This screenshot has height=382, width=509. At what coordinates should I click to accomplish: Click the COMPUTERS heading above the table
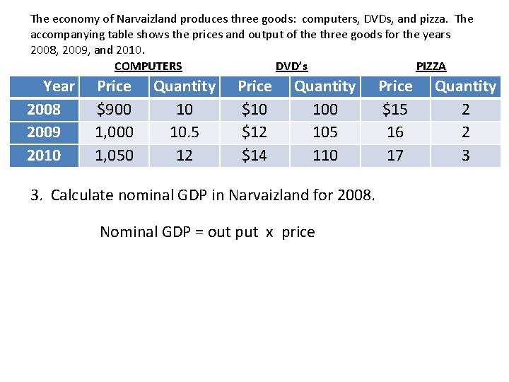tap(148, 66)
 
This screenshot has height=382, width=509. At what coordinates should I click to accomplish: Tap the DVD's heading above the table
tap(291, 66)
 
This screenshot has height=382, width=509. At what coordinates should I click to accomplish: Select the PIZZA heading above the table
tap(431, 66)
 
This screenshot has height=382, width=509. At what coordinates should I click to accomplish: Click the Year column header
tap(58, 86)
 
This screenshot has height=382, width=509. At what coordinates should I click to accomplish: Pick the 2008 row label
tap(44, 109)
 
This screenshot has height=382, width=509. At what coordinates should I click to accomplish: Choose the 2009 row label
tap(44, 132)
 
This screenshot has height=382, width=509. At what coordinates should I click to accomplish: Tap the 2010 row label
tap(44, 155)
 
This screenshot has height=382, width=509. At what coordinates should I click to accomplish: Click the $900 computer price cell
tap(114, 109)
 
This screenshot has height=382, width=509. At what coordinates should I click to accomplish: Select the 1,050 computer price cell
tap(114, 155)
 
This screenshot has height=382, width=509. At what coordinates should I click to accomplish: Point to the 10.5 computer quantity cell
tap(184, 132)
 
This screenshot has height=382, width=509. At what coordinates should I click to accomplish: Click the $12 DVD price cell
tap(255, 132)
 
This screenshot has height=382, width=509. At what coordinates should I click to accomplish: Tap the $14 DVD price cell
tap(255, 155)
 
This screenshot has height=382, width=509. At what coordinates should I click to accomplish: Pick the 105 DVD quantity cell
tap(325, 132)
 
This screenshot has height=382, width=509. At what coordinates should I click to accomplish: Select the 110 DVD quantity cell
tap(325, 155)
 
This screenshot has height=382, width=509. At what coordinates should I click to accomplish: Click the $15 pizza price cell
tap(395, 109)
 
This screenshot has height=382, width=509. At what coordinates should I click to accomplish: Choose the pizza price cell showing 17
tap(395, 155)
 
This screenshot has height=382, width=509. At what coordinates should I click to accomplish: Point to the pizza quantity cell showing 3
tap(465, 155)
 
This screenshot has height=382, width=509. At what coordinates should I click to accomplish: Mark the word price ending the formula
tap(298, 233)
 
